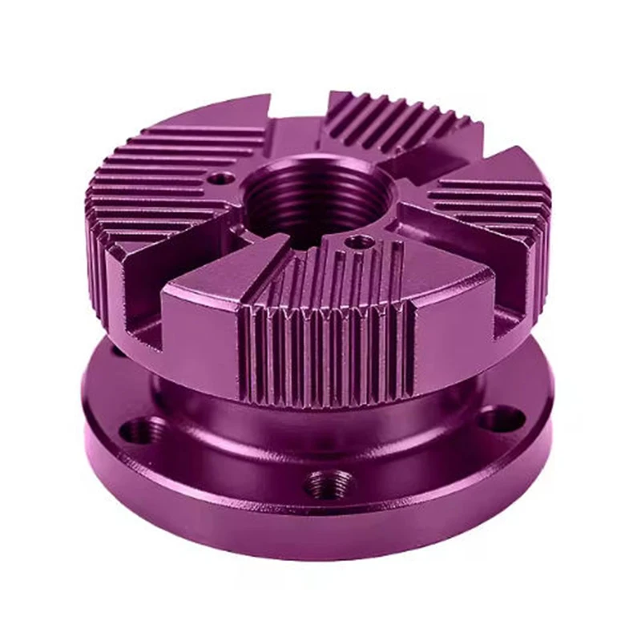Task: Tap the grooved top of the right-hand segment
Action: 489,200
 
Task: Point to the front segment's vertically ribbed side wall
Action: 329,353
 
